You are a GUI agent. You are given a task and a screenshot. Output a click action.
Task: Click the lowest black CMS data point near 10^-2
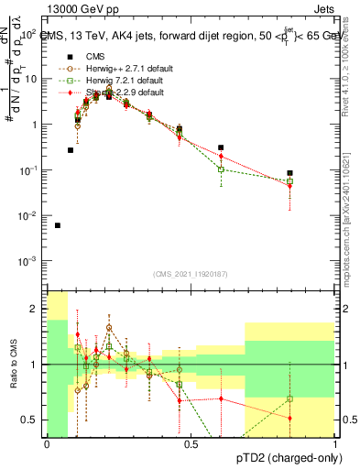(x=58, y=225)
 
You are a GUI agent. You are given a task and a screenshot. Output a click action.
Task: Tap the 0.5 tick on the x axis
(x=191, y=444)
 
